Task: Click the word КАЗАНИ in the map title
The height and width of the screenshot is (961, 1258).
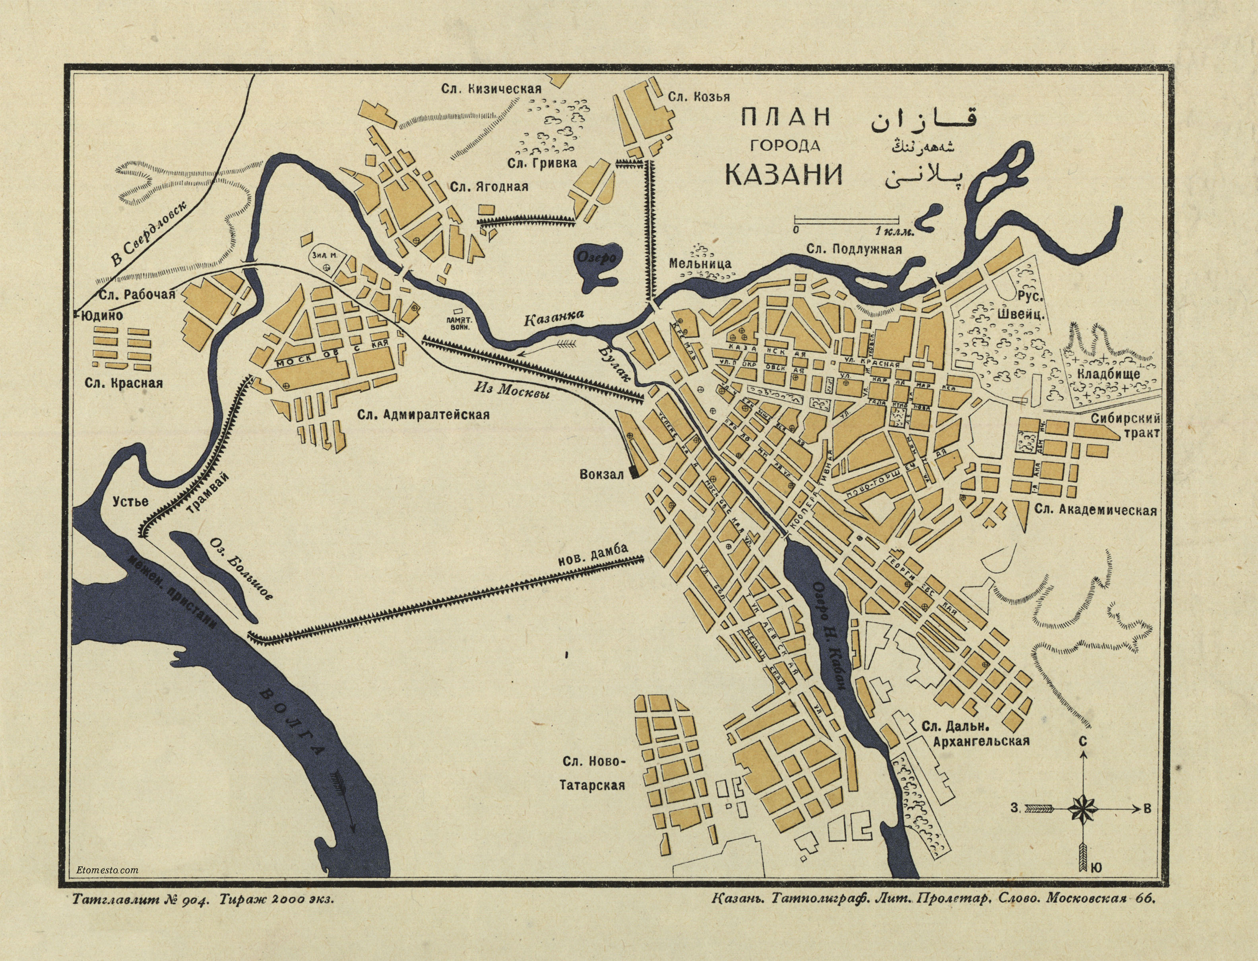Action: click(x=784, y=175)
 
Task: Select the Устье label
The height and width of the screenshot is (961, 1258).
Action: click(x=130, y=502)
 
